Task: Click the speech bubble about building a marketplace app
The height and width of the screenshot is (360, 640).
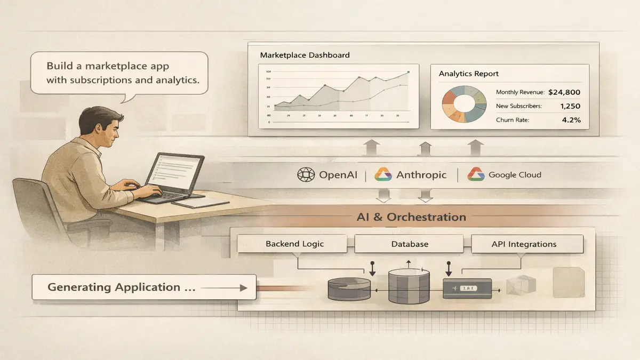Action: tap(119, 74)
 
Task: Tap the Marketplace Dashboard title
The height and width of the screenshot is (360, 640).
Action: tap(305, 55)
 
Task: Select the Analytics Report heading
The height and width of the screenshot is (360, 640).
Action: tap(468, 74)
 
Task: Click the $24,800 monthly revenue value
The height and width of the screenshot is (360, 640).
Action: tap(564, 92)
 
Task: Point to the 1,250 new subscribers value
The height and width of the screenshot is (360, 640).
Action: tap(570, 106)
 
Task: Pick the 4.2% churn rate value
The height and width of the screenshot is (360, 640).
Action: tap(571, 120)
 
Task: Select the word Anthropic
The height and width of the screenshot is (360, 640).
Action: tap(421, 174)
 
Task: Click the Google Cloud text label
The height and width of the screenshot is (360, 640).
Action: tap(515, 174)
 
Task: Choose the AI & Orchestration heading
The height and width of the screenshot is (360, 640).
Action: tap(411, 217)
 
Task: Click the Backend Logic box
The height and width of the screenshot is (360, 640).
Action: tap(295, 244)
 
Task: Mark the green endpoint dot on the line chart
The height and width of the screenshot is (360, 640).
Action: tap(408, 71)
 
